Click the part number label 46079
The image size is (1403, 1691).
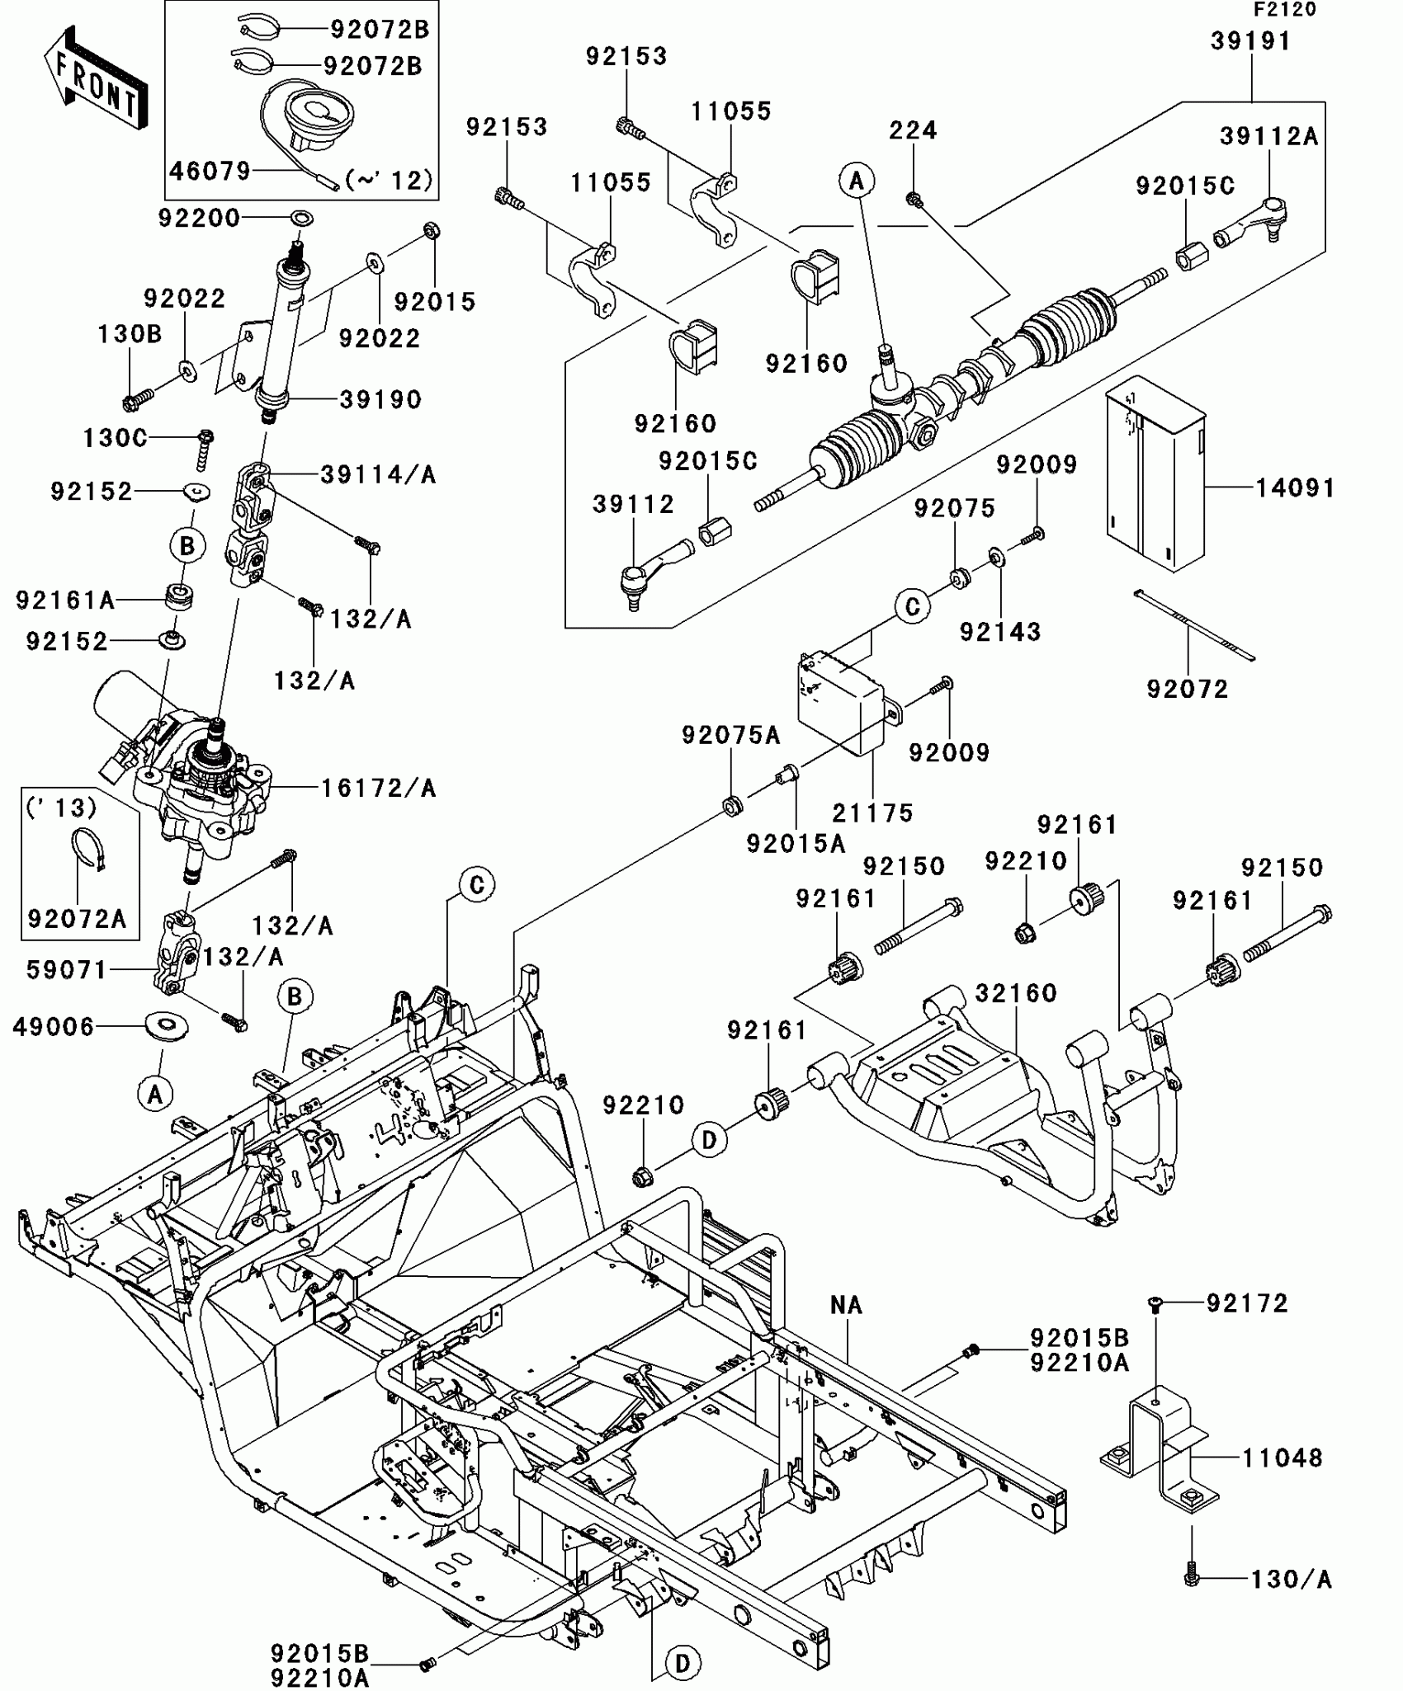point(210,172)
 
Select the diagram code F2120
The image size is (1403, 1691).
point(1284,10)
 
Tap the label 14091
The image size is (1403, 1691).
point(1294,488)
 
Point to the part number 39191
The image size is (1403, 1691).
point(1250,41)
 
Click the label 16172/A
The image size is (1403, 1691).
point(378,789)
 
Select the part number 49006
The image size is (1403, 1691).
point(54,1027)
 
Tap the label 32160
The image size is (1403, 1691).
point(1016,993)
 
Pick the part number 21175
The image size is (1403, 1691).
point(872,813)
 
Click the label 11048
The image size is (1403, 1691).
point(1282,1458)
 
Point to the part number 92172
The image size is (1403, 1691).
point(1247,1303)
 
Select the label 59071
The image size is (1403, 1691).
point(67,970)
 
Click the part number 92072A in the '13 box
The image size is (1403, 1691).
point(77,919)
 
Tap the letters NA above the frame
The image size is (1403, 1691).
point(846,1305)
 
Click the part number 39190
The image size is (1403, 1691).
point(380,400)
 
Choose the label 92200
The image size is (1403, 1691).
point(199,219)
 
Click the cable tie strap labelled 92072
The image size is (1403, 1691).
point(1193,626)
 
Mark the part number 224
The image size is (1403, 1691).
point(913,130)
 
